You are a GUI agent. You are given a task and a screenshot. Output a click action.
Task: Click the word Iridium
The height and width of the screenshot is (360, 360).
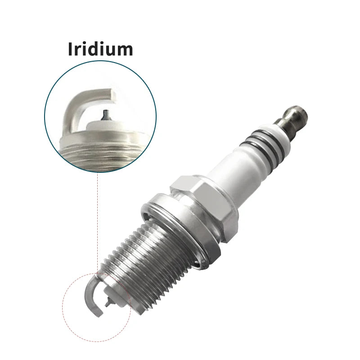click(x=100, y=49)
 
